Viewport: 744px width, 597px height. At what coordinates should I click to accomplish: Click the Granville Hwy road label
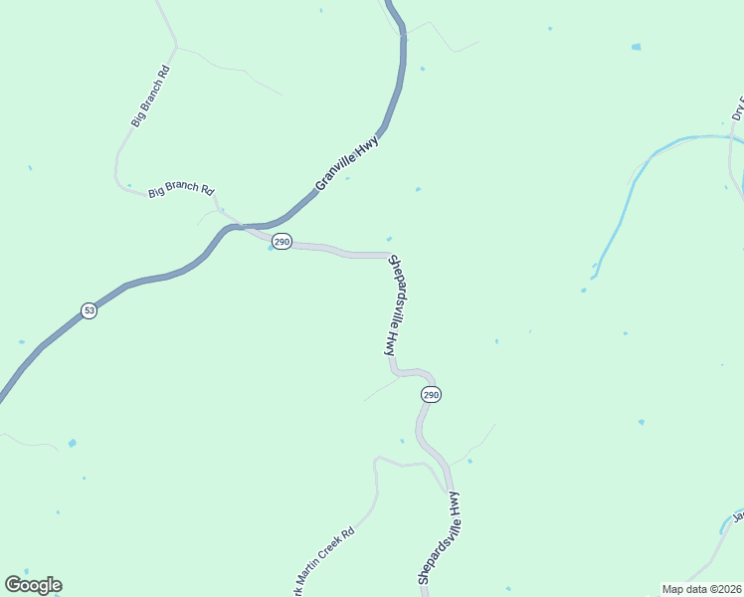coord(347,161)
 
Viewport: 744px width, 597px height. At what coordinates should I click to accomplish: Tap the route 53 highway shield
coord(90,310)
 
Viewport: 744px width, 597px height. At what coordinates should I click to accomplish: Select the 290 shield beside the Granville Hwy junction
coord(282,242)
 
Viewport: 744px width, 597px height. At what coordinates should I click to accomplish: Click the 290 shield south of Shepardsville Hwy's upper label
coord(430,395)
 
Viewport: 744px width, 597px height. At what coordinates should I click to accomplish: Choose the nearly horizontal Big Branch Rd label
coord(181,190)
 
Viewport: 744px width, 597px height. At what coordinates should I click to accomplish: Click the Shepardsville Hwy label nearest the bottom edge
coord(440,538)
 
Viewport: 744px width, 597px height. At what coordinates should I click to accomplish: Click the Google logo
coord(33,585)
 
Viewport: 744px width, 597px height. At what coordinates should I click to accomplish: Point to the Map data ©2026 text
coord(702,589)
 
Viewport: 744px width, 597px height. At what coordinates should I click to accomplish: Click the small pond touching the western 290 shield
coord(271,248)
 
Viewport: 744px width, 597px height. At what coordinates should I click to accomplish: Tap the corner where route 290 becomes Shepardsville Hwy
coord(388,256)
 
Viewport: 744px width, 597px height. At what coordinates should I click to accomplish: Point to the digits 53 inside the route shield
coord(90,310)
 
